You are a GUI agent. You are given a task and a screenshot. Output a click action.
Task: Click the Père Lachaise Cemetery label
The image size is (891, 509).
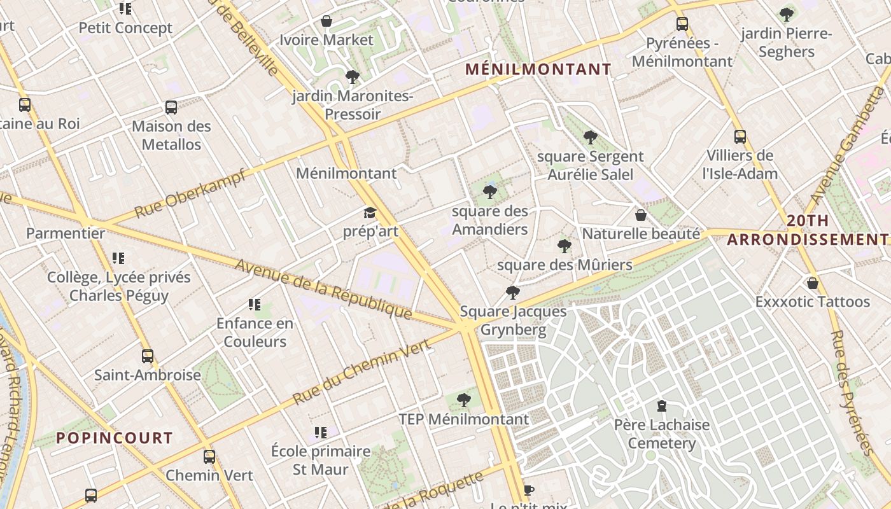[661, 434]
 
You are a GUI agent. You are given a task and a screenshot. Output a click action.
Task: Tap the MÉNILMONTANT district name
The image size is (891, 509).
[538, 69]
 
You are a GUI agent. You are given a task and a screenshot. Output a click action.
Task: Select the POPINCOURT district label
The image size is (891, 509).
[115, 438]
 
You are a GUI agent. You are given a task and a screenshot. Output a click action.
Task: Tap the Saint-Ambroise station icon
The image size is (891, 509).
[148, 356]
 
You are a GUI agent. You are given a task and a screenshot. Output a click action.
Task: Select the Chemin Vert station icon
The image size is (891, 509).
[209, 457]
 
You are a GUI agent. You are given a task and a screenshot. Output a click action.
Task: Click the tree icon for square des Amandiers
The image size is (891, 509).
[489, 192]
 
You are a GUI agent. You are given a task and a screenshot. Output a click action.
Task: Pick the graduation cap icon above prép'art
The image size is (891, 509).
[370, 213]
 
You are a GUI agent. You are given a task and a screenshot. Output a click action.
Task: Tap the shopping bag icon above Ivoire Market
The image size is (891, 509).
[326, 21]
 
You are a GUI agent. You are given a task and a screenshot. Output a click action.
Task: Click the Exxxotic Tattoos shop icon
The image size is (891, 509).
[812, 282]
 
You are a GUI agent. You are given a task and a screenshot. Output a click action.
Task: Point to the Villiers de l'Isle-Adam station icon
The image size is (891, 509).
[740, 137]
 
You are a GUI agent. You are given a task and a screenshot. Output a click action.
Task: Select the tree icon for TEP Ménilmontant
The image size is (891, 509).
[464, 400]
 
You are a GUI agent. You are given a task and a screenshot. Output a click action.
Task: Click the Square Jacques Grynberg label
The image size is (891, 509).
[513, 320]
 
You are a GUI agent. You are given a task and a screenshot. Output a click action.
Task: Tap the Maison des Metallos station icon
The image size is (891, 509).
[171, 108]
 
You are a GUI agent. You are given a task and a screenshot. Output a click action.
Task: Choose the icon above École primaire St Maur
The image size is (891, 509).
[321, 433]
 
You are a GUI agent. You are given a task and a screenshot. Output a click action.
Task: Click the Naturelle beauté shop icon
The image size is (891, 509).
[641, 215]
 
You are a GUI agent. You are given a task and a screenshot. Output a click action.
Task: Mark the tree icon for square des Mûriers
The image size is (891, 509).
[564, 246]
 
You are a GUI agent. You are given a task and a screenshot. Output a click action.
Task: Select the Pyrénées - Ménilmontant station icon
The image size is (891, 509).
[682, 24]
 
